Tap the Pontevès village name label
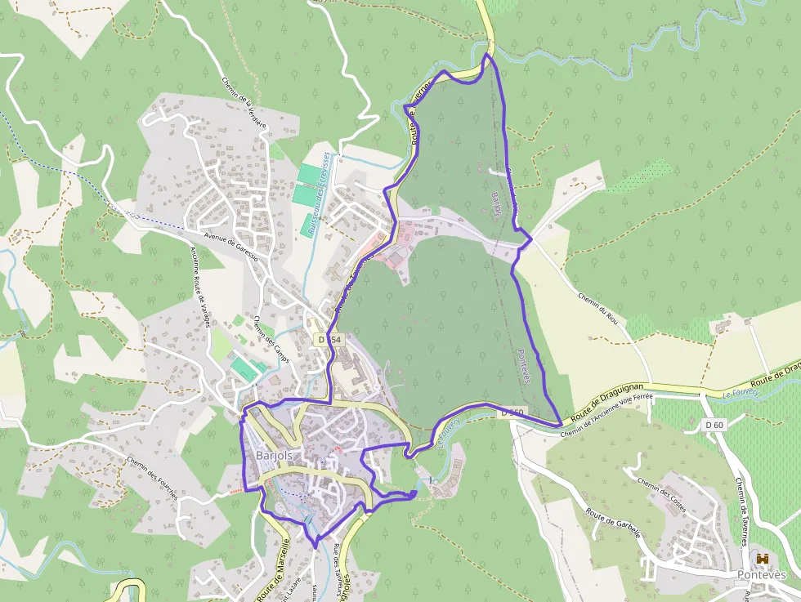pos(762,575)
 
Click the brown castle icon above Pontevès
pos(763,559)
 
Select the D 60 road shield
pos(714,425)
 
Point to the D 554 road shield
pos(329,339)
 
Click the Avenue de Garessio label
pos(230,245)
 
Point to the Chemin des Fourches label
pos(152,481)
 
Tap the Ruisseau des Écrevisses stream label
pos(317,194)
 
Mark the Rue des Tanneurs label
pos(338,564)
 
